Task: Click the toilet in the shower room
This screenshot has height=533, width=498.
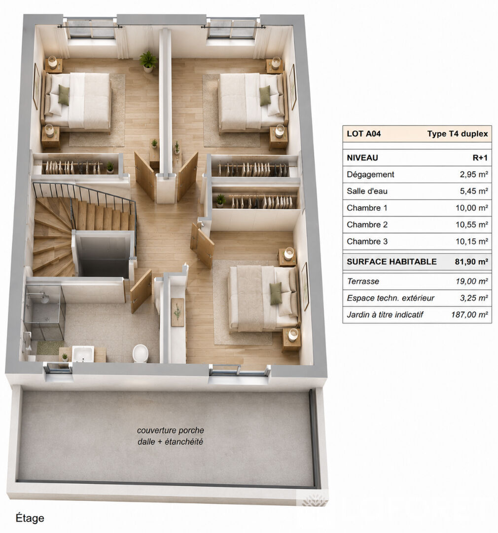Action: click(140, 353)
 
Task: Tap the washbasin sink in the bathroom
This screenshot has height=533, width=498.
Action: click(83, 354)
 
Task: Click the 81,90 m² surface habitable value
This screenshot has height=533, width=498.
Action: click(471, 262)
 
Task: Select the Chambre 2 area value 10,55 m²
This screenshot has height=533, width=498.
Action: click(471, 225)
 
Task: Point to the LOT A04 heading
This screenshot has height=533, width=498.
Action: click(363, 134)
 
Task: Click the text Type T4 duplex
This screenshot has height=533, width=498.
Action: click(457, 134)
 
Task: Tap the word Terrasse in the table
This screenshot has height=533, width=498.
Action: click(363, 281)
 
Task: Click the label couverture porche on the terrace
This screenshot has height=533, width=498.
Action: click(171, 430)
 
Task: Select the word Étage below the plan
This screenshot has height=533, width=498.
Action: click(30, 518)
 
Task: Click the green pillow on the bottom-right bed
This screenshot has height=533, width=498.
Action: click(276, 293)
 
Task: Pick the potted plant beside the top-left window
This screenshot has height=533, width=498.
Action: click(148, 62)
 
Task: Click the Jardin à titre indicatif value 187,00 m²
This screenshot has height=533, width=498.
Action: click(469, 315)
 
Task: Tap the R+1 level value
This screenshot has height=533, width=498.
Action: click(480, 158)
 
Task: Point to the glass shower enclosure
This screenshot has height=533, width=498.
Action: click(44, 312)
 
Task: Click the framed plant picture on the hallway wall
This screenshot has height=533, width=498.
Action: click(178, 312)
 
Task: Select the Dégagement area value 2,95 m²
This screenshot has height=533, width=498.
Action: click(474, 174)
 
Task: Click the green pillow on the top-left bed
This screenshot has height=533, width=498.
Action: click(64, 95)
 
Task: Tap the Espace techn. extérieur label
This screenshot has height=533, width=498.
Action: click(391, 298)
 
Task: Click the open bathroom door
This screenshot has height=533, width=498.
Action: click(141, 291)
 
